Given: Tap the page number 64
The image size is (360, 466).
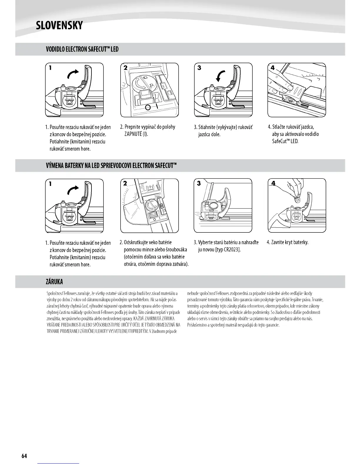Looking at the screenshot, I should (24, 456).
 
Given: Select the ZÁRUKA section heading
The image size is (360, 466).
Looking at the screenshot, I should (54, 282).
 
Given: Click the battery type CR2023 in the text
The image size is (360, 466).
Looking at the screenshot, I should (231, 250).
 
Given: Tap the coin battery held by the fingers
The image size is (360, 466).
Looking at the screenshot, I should (298, 200).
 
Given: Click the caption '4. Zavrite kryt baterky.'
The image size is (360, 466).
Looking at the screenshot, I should (287, 242).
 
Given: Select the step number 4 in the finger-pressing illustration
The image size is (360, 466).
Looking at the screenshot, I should (272, 68).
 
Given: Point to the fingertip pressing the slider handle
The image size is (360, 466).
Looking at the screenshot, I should (290, 87).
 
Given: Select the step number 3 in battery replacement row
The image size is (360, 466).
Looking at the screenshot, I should (199, 184).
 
